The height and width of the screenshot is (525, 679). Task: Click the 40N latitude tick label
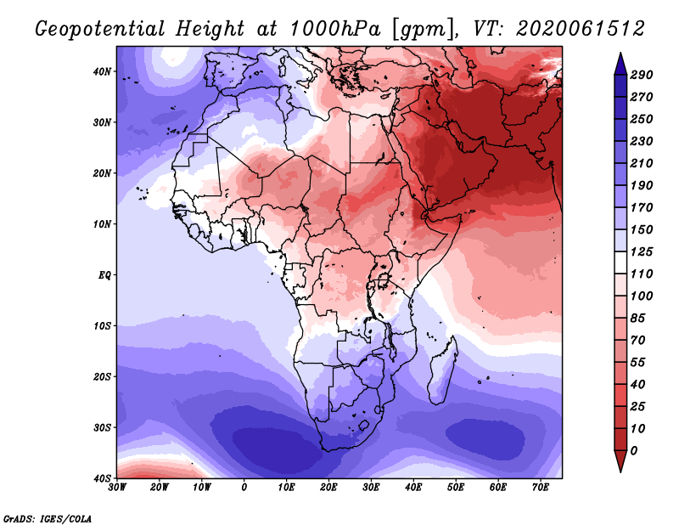click(x=102, y=71)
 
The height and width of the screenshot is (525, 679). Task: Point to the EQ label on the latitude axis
click(x=104, y=275)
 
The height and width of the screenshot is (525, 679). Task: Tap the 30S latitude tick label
click(x=102, y=427)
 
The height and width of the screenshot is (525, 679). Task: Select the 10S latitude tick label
click(x=102, y=325)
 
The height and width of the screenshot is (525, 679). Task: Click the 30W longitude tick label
click(x=117, y=488)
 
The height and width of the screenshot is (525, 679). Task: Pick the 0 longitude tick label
click(x=244, y=488)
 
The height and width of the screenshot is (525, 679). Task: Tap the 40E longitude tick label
click(x=413, y=488)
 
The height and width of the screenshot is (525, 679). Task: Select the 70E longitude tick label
click(x=541, y=488)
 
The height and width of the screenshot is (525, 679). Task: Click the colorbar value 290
click(x=642, y=75)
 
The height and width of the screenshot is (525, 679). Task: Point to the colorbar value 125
click(x=642, y=251)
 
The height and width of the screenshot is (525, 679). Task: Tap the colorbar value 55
click(x=638, y=363)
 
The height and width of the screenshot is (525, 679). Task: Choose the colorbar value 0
click(x=634, y=451)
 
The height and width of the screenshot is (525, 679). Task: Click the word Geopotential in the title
click(x=100, y=30)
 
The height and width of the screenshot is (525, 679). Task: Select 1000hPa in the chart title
click(x=334, y=29)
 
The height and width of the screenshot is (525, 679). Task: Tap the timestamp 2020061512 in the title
click(x=581, y=29)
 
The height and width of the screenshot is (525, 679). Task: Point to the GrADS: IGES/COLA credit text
click(x=48, y=519)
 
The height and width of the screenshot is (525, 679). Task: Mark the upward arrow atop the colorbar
click(x=620, y=64)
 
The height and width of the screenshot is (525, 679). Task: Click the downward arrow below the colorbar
click(x=620, y=461)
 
